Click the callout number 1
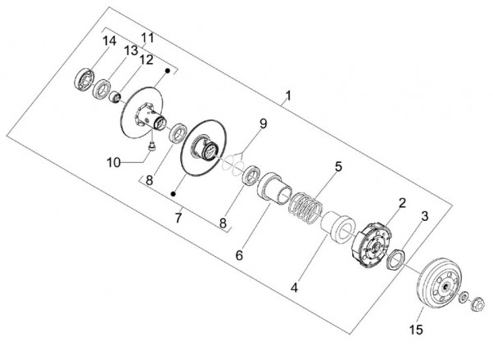pos(288,96)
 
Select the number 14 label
pos(110,41)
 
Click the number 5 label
pos(338,166)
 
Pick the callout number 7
pos(178,218)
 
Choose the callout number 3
pos(425,217)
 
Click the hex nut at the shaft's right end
pos(479,303)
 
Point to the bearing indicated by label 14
pos(84,77)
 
